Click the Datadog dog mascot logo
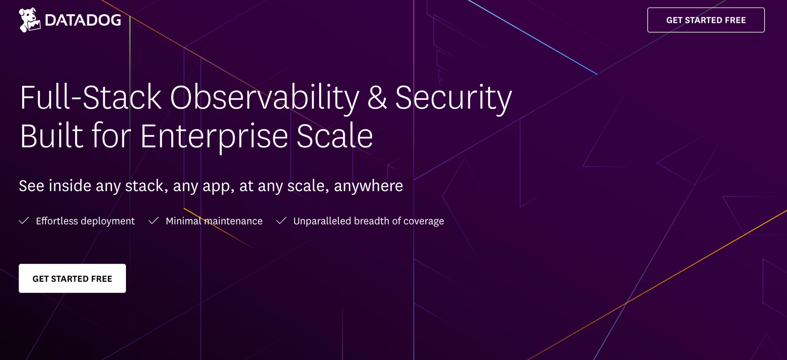click(30, 20)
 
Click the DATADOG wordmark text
click(83, 20)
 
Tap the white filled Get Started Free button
click(72, 279)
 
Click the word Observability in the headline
click(264, 98)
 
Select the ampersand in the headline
click(377, 98)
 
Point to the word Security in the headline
click(453, 98)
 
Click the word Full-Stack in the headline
click(91, 98)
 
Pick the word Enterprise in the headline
click(214, 136)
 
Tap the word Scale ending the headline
click(334, 136)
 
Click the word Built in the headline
click(52, 136)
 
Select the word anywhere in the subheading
click(368, 186)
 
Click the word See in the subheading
click(31, 186)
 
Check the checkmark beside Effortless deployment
click(24, 221)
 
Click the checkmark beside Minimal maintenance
click(153, 221)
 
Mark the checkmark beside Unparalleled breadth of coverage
click(281, 221)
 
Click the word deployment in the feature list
click(107, 221)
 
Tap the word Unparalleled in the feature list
click(322, 221)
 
